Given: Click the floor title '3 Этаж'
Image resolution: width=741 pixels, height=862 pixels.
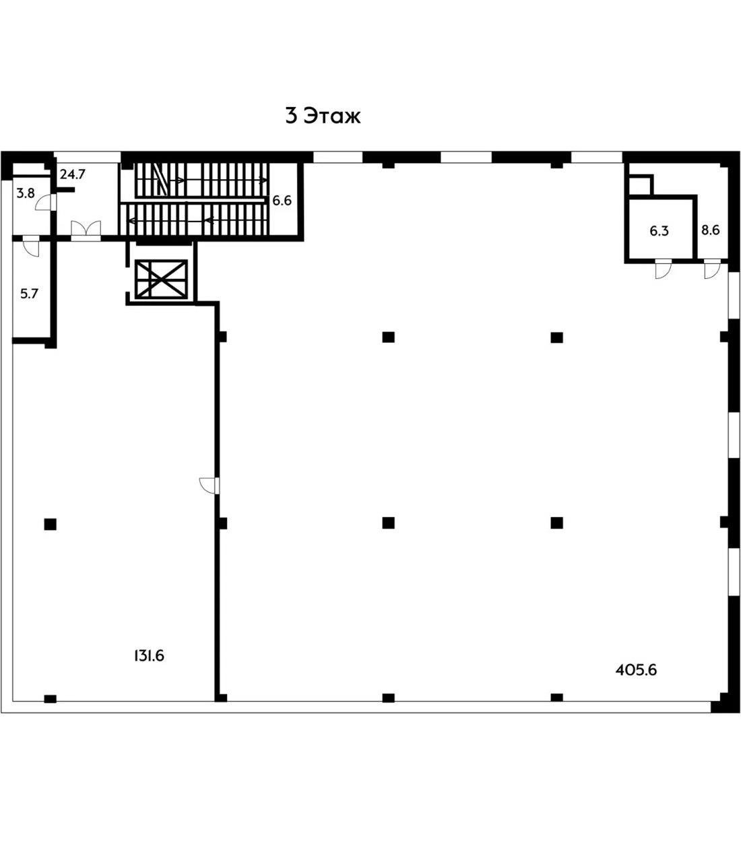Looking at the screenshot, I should pos(323,116).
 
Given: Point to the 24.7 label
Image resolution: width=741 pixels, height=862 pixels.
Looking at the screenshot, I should pos(72,175).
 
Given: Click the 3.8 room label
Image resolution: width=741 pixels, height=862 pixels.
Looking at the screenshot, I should pos(26,193).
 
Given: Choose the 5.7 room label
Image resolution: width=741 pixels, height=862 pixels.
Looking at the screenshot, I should pos(29,294).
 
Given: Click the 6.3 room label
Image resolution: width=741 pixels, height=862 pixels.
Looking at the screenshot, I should pos(659,231).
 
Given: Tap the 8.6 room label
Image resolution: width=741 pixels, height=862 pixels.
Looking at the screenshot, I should pos(710,230).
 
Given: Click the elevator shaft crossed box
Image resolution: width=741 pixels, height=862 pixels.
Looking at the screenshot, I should pos(160,279).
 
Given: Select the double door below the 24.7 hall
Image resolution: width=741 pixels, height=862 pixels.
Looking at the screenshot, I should pos(86,230).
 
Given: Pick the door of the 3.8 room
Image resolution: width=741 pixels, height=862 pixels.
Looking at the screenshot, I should pos(44,201).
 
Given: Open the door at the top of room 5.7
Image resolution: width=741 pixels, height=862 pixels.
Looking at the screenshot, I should pos(31,247).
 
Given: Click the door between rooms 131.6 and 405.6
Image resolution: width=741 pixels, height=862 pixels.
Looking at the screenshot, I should pos(209,485).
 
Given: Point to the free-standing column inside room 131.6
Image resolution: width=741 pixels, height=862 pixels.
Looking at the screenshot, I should pos(50,523).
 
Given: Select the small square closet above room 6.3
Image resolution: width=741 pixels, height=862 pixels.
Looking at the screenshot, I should pos(639,185).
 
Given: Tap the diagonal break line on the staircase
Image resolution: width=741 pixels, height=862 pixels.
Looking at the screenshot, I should pos(160,178).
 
